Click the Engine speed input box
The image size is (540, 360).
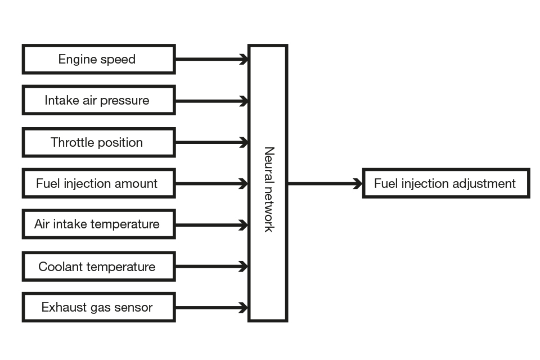point(98,59)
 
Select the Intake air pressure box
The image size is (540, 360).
point(98,100)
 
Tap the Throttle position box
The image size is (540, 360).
point(98,142)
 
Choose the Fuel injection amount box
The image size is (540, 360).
point(98,183)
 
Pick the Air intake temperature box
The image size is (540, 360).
point(98,224)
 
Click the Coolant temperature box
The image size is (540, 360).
point(98,266)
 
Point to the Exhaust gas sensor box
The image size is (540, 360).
point(98,308)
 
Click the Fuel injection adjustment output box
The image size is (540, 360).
point(445,183)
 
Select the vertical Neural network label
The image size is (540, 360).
point(269,190)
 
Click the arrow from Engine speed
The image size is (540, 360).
point(211,59)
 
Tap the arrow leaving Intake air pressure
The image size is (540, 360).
point(211,101)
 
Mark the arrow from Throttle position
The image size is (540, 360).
point(211,142)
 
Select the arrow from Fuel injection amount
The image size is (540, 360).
point(211,183)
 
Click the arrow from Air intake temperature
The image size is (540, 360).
point(211,225)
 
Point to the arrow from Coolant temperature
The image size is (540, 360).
point(211,266)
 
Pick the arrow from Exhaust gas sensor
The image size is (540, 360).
point(211,308)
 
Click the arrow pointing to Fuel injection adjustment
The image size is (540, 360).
point(325,183)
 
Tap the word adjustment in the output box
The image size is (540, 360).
point(488,184)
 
